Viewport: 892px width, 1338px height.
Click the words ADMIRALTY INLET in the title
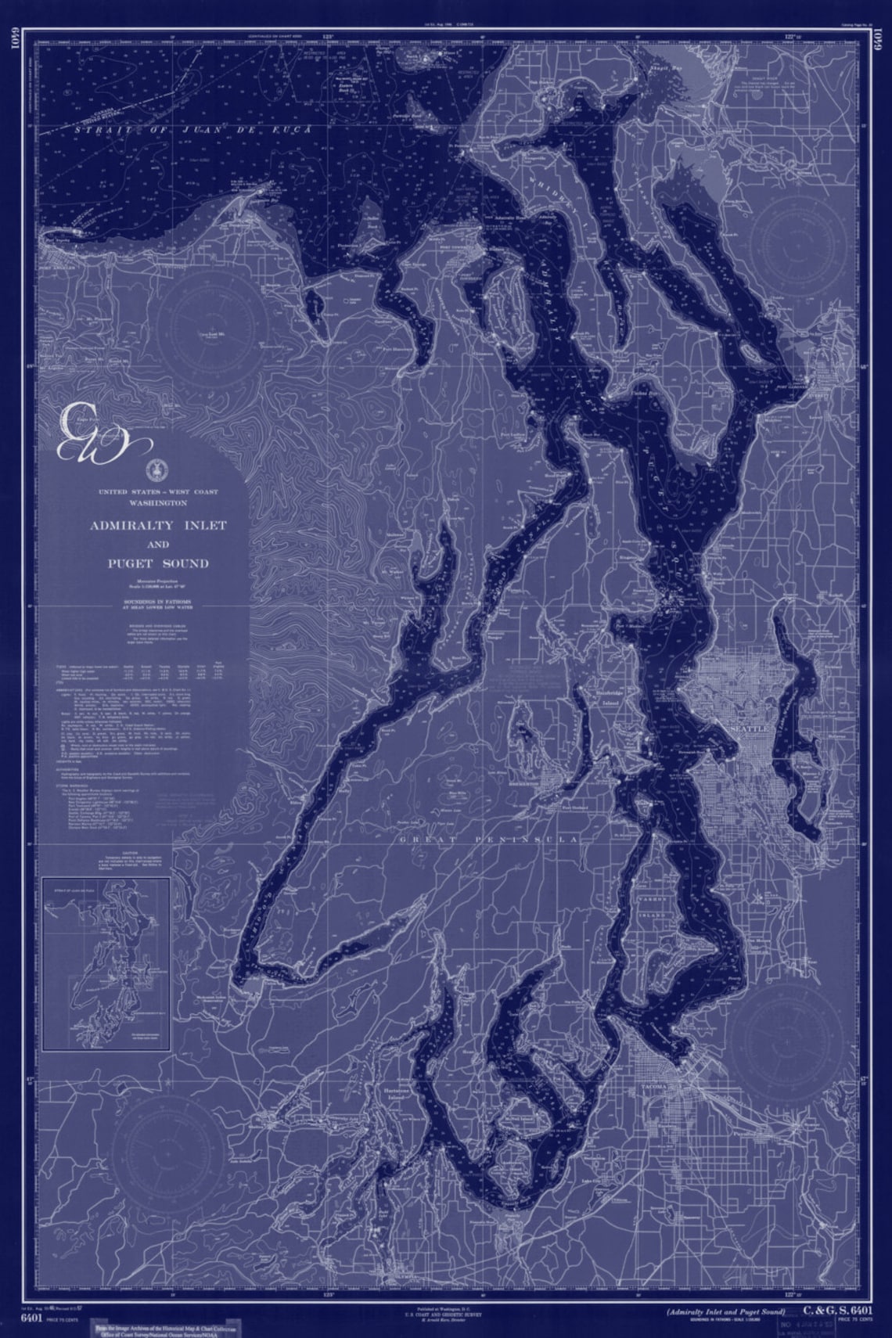point(157,525)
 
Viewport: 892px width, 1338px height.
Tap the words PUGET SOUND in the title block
point(158,563)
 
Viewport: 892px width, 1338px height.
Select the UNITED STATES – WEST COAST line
point(158,492)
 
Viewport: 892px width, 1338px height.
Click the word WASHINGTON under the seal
point(158,502)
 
